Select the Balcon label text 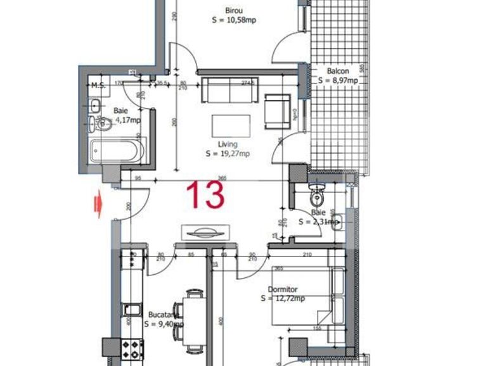click(338, 71)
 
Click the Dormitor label click(283, 289)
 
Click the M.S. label click(98, 85)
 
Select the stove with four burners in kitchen click(132, 347)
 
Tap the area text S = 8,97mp click(338, 80)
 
